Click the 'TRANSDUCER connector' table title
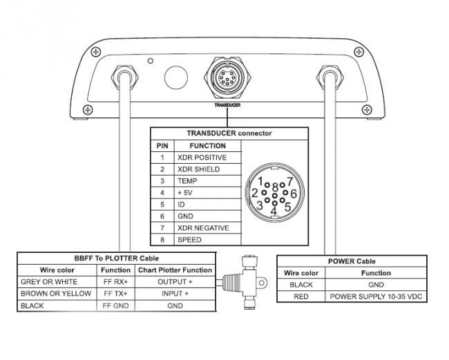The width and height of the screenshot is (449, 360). click(x=229, y=133)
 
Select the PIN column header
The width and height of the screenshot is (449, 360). click(x=162, y=146)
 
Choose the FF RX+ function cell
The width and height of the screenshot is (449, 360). click(x=116, y=282)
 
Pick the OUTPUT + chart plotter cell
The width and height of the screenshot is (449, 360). click(x=175, y=282)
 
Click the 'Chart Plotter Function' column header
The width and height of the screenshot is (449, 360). click(x=175, y=270)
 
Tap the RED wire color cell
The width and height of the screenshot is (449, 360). click(x=301, y=296)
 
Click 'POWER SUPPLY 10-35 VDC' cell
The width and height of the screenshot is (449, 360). click(x=376, y=296)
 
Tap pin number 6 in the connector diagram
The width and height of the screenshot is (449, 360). click(x=293, y=193)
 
